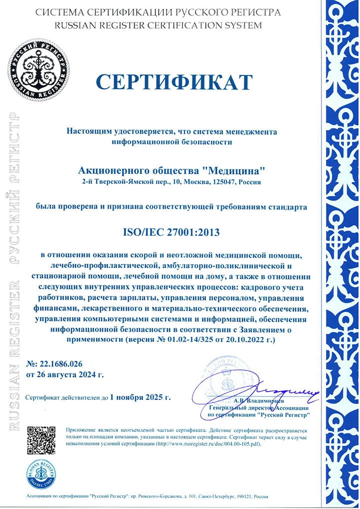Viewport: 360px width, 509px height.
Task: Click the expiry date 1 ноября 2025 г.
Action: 140,398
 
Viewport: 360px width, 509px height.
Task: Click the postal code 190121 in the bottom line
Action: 241,497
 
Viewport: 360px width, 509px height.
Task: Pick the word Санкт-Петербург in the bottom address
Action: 211,497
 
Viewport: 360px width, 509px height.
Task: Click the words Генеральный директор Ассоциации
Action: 258,408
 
